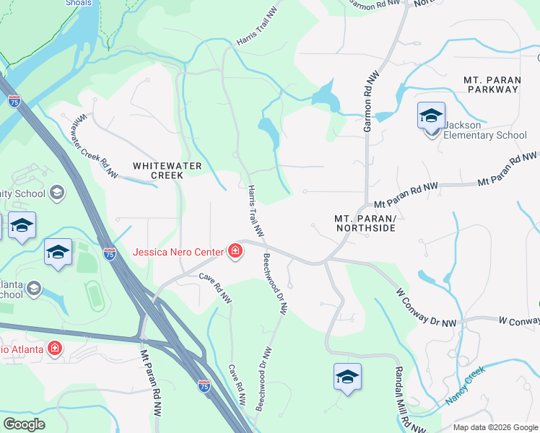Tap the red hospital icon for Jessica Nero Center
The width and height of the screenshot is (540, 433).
click(x=235, y=251)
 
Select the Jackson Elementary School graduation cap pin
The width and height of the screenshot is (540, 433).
click(x=431, y=115)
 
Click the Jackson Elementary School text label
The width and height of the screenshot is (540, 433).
click(x=484, y=130)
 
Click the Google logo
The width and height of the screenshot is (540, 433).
click(x=24, y=424)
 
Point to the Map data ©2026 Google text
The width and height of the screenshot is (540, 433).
click(x=495, y=427)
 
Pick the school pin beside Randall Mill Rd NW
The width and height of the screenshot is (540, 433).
click(x=347, y=377)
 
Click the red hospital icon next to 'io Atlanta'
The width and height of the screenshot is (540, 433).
click(x=55, y=349)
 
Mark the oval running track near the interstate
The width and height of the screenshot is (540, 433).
click(x=92, y=294)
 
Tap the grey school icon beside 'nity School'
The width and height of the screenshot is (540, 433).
click(x=57, y=193)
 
